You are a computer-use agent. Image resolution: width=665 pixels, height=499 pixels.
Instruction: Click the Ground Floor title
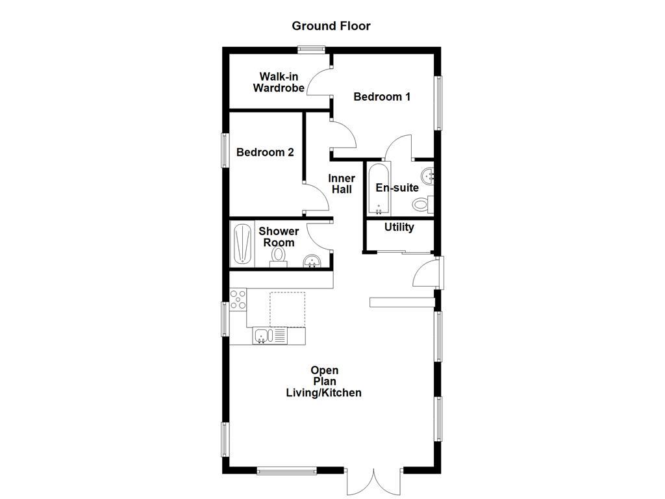pos(331,26)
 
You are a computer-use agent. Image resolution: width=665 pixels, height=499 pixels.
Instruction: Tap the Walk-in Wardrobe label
pos(279,82)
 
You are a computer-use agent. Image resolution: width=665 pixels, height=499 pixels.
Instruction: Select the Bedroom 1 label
pos(382,97)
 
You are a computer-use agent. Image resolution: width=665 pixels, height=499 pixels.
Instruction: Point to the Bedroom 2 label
pos(265,152)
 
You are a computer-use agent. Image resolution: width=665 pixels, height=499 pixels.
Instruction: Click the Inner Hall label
pos(342,184)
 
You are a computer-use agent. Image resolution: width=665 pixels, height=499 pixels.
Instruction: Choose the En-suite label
pos(397,188)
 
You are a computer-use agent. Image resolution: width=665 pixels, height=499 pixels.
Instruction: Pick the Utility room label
pos(399,227)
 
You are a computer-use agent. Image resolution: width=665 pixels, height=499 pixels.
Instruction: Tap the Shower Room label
pos(279,237)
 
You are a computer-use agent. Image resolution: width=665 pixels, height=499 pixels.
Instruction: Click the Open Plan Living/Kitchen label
pos(324,382)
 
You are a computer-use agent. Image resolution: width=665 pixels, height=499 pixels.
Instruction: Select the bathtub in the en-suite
pos(379,189)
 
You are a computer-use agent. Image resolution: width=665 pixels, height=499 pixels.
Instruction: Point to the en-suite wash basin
pos(428,175)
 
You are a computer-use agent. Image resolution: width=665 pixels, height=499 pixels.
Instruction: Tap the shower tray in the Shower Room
pos(242,244)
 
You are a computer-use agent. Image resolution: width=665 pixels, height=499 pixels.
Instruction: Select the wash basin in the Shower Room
pos(313,261)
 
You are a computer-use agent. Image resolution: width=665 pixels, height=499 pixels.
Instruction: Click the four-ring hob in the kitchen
pos(238,299)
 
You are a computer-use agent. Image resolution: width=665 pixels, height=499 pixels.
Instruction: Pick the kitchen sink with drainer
pos(270,336)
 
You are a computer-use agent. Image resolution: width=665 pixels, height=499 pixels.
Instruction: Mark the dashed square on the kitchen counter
pos(288,309)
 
